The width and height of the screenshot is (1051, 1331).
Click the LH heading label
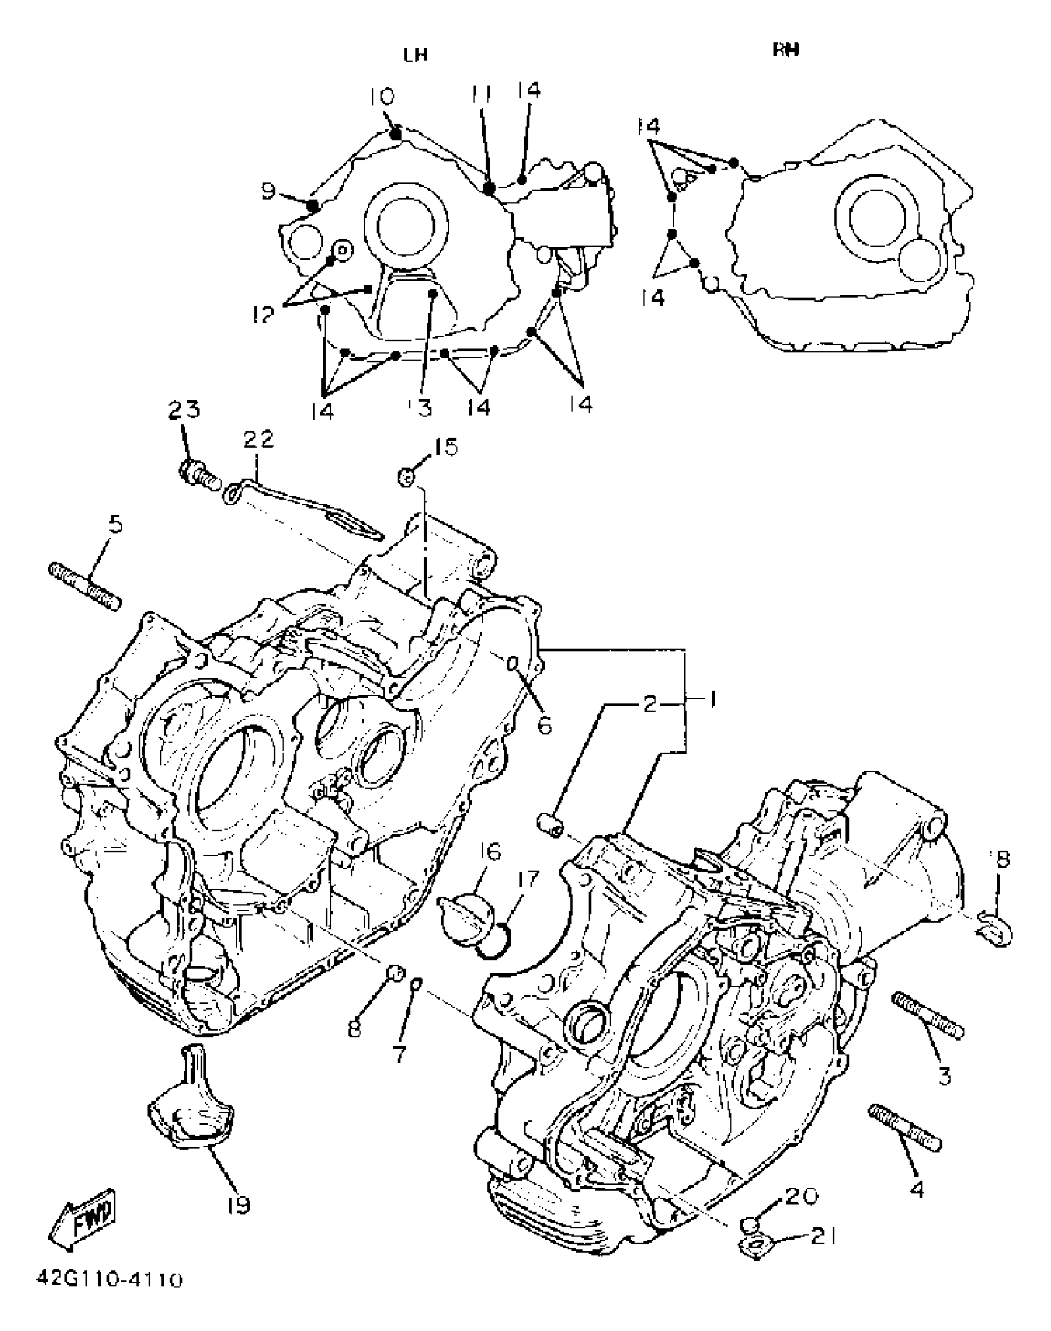pos(415,55)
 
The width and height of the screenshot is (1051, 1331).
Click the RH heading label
pos(786,50)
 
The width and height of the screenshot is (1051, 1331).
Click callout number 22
pos(258,440)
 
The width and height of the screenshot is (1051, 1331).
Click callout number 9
pos(268,192)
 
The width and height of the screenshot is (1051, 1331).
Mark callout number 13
pos(423,407)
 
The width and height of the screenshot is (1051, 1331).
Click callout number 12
pos(263,315)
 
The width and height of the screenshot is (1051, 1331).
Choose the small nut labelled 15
pos(406,477)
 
